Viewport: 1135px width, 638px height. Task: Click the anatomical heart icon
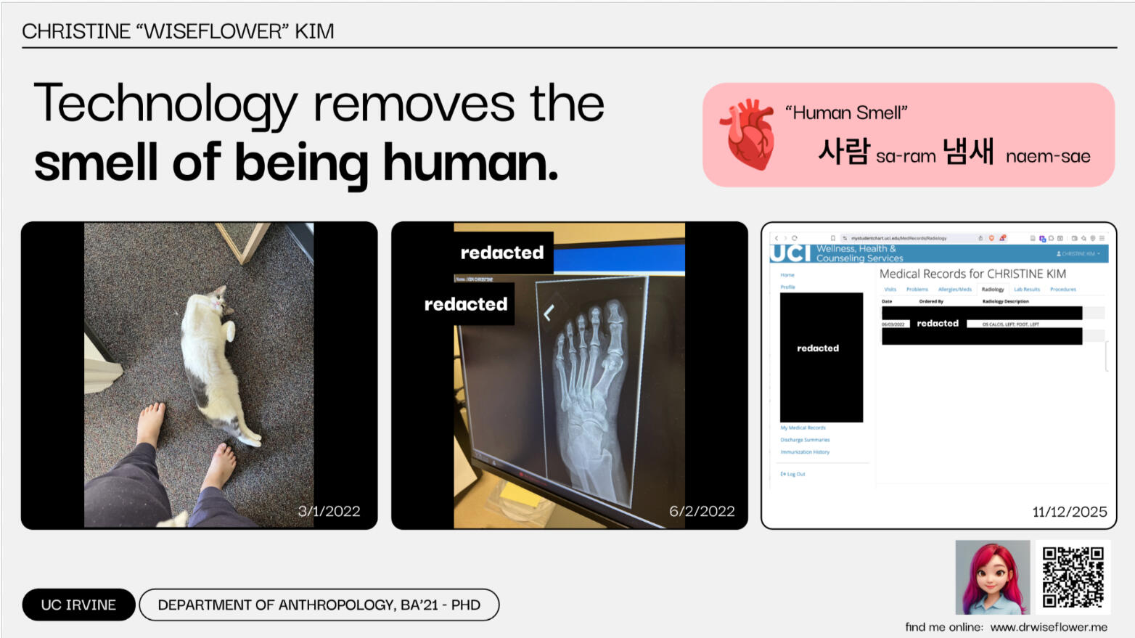click(x=747, y=135)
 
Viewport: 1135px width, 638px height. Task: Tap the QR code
click(x=1073, y=577)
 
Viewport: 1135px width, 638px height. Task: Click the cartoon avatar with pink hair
click(x=992, y=577)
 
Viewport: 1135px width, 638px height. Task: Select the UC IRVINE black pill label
click(x=78, y=605)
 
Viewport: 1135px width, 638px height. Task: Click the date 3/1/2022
click(x=329, y=511)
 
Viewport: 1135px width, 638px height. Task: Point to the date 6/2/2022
click(x=702, y=511)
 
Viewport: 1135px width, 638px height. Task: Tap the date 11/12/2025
click(x=1069, y=512)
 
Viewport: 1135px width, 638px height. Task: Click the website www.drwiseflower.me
click(x=1049, y=627)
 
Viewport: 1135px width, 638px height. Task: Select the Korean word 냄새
click(x=968, y=152)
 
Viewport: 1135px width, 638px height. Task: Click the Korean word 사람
click(x=843, y=152)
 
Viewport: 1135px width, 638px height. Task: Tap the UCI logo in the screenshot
click(x=790, y=253)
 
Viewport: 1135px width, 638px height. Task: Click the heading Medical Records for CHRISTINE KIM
click(x=972, y=274)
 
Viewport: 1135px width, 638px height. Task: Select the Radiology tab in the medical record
click(x=993, y=290)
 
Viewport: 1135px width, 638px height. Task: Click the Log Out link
click(x=795, y=474)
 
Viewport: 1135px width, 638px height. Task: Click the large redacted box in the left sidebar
click(x=821, y=357)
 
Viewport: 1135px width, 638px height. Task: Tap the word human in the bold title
click(x=470, y=163)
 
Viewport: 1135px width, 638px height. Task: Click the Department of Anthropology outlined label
click(x=319, y=605)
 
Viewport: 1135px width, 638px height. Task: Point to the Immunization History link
click(x=805, y=452)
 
